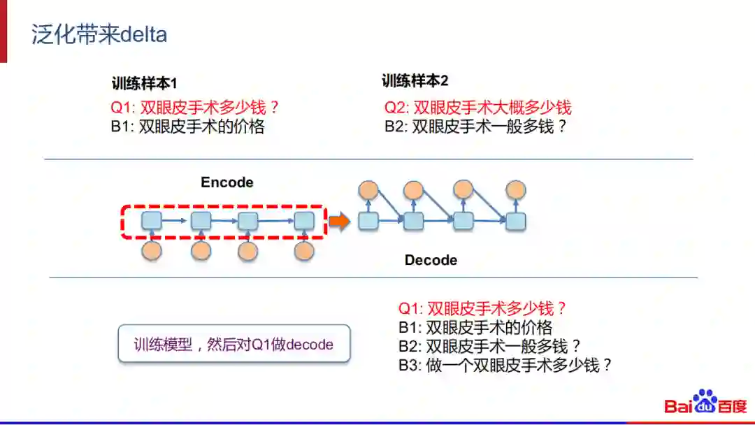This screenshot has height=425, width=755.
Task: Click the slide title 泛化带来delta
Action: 99,35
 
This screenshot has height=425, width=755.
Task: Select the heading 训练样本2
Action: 415,81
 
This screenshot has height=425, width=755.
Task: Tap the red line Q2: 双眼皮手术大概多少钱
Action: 477,107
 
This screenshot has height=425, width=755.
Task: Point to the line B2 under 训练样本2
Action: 475,127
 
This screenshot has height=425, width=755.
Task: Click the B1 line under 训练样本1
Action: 187,127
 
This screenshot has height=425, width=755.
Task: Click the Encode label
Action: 226,182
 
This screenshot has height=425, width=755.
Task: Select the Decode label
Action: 431,260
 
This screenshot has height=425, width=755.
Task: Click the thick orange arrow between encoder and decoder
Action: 339,222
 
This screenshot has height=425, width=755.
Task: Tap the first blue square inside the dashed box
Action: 152,221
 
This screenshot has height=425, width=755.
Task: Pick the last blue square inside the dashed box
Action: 303,221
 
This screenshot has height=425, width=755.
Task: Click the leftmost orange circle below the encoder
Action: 152,250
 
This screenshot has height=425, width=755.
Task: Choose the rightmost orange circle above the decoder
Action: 515,189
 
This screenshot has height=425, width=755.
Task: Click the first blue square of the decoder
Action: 368,221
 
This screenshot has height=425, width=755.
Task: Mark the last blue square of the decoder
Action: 515,221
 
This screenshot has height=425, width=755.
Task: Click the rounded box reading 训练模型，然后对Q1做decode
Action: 233,343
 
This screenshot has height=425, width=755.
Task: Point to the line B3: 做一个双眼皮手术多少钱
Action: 505,364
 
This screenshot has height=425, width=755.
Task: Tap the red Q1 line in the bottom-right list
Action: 482,308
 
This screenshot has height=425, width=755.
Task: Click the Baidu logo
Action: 705,404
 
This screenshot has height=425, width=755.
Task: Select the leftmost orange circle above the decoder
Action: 368,189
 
